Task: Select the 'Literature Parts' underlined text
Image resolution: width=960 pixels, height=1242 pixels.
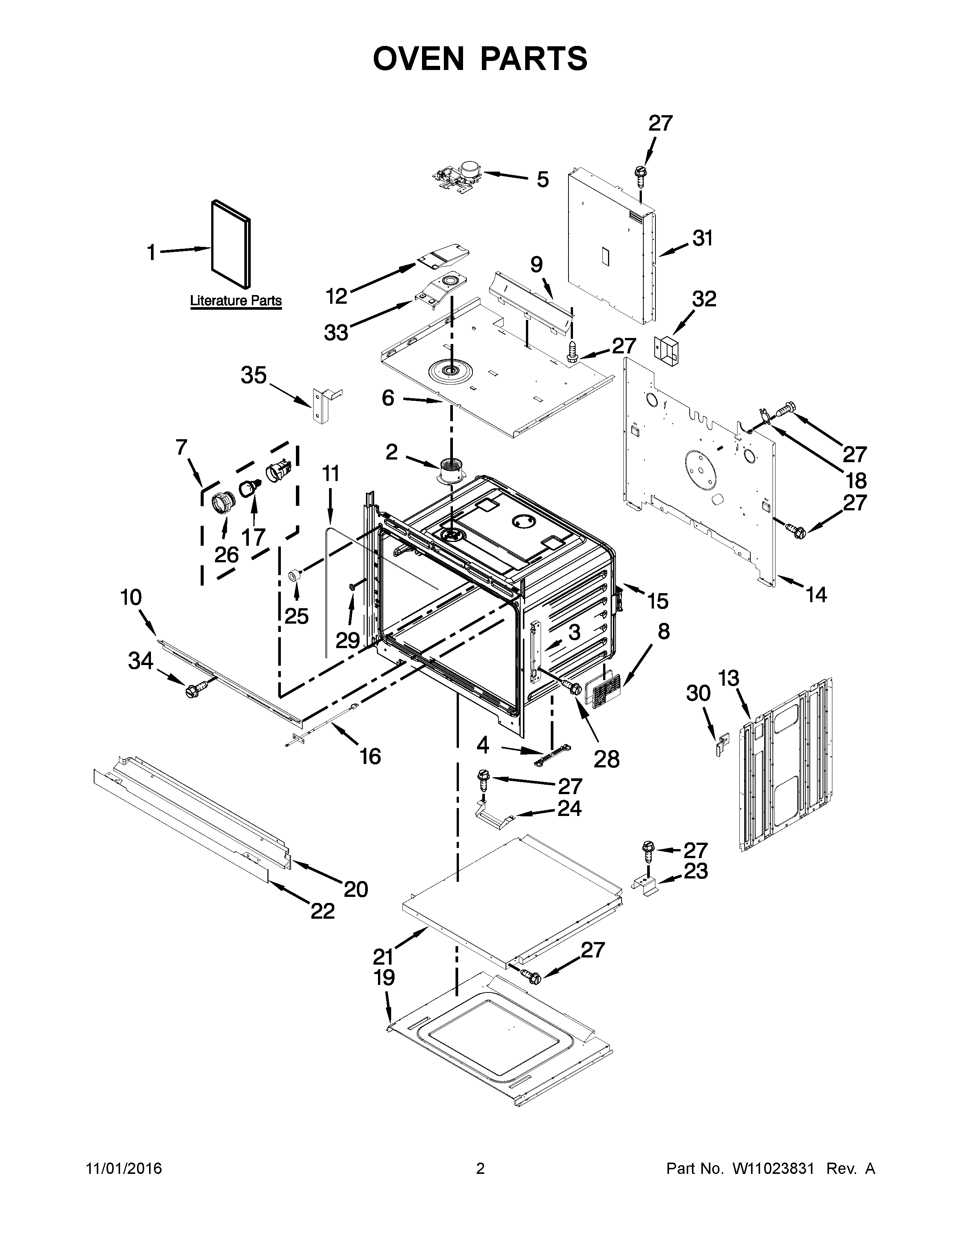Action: (235, 300)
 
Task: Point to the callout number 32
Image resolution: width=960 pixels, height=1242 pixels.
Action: (704, 299)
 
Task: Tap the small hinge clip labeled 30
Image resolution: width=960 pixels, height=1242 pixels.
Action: (722, 744)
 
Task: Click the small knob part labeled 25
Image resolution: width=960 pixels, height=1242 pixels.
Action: (295, 575)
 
